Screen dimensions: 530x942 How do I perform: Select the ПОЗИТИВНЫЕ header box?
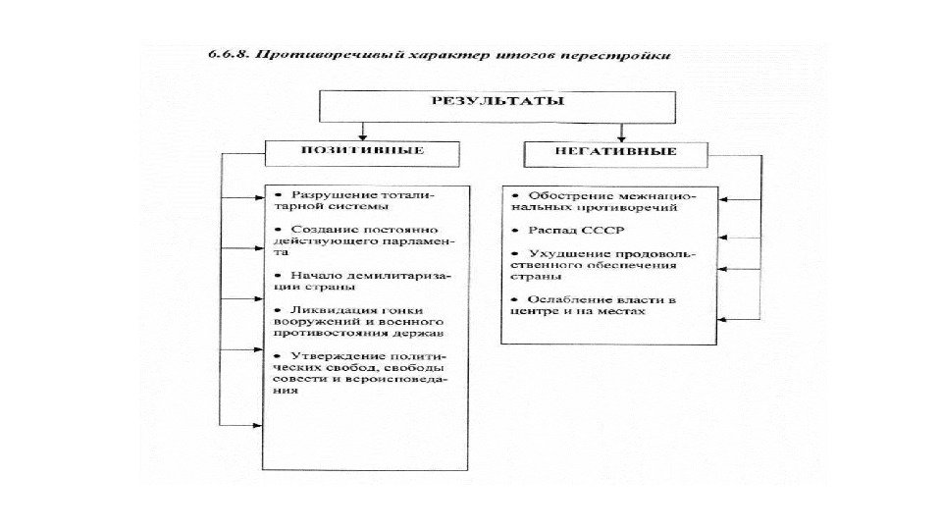click(362, 152)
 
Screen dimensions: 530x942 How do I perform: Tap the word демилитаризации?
click(399, 275)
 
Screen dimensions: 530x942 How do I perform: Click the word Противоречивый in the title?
click(309, 56)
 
